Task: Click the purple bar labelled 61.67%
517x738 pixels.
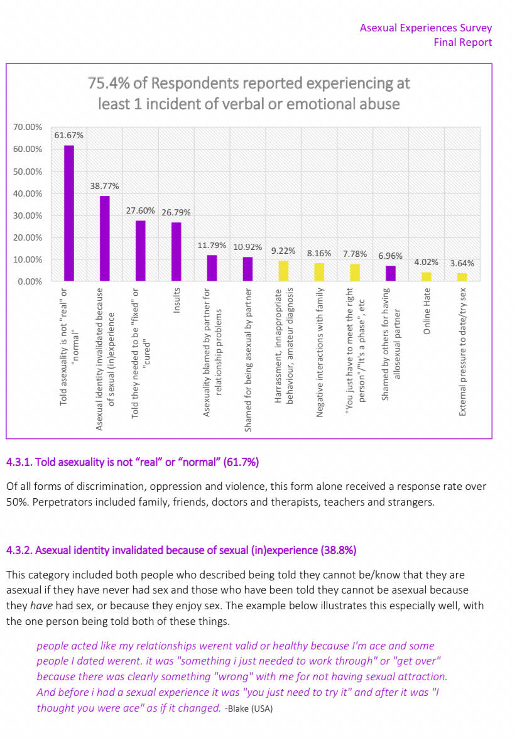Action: tap(69, 213)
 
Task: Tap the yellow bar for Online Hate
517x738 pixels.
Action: tap(427, 276)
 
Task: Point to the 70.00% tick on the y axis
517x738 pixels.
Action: tap(28, 128)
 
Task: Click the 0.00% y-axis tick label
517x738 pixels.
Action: tap(30, 281)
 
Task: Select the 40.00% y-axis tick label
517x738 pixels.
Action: tap(28, 193)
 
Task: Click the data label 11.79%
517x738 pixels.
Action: tap(212, 246)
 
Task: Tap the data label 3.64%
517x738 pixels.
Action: tap(462, 263)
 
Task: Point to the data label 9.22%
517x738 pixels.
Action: tap(283, 251)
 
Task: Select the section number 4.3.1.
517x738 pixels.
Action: tap(19, 462)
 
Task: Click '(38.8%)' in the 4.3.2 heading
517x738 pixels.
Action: tap(339, 550)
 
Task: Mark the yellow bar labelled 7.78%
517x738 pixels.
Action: tap(355, 272)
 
